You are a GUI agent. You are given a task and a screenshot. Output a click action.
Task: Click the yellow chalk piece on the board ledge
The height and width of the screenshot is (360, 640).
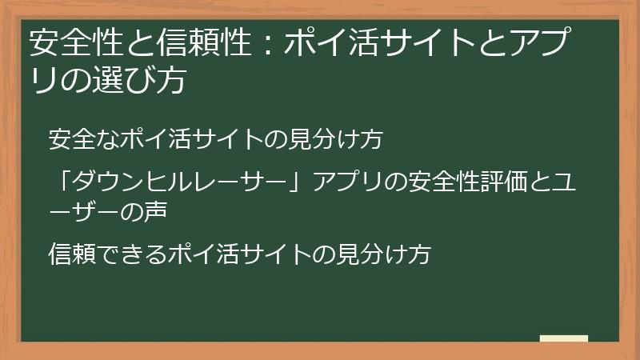pos(563,338)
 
